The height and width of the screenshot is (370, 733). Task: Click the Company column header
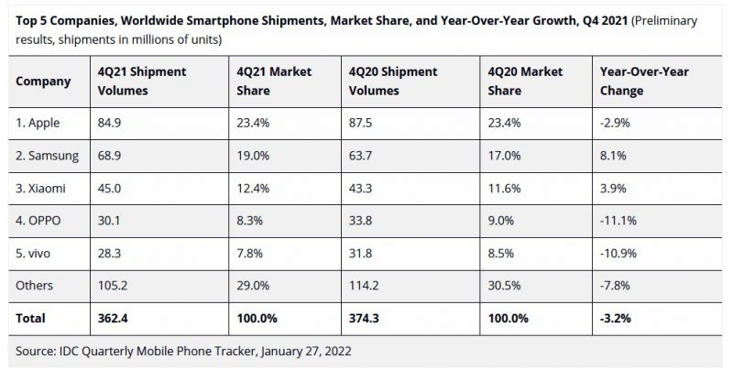(43, 82)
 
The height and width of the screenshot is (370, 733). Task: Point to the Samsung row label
(47, 157)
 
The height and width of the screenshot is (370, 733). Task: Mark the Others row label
(35, 285)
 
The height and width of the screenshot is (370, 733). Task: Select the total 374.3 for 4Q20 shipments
(366, 318)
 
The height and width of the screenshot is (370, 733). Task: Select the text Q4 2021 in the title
(577, 19)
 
